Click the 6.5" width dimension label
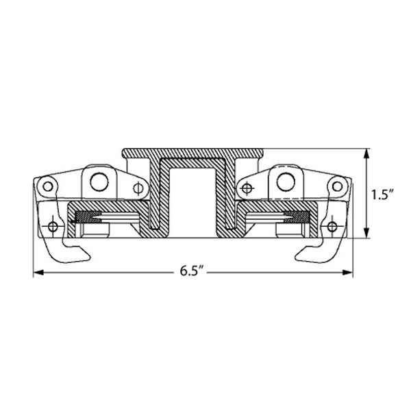click(192, 271)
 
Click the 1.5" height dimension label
click(383, 195)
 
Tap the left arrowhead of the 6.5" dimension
click(38, 273)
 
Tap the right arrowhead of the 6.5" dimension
click(347, 273)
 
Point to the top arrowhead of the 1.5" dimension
click(366, 153)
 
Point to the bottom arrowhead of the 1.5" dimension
click(366, 234)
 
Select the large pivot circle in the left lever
click(99, 182)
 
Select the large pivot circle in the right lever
click(286, 182)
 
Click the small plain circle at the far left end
click(48, 186)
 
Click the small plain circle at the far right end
click(337, 186)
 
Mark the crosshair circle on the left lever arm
click(138, 188)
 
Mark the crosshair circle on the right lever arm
click(247, 188)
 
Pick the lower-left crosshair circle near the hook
click(53, 226)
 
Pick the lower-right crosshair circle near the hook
click(332, 226)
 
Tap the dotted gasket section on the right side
click(297, 217)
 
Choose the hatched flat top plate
click(192, 153)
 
